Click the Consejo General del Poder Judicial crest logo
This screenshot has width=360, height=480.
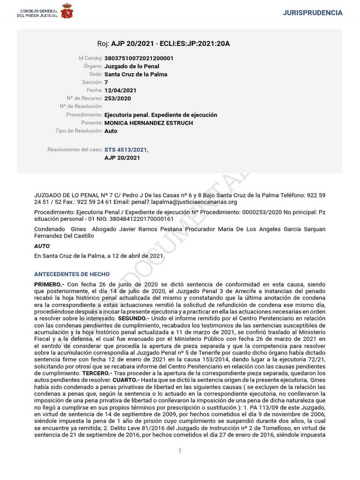pyautogui.click(x=67, y=11)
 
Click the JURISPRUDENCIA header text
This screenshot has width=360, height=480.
pyautogui.click(x=313, y=13)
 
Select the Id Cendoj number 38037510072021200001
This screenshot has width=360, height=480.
pyautogui.click(x=139, y=58)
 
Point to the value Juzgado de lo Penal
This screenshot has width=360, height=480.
pyautogui.click(x=129, y=66)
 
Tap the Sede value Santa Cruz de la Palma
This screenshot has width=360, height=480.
pyautogui.click(x=135, y=74)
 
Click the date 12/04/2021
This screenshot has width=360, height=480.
pyautogui.click(x=120, y=90)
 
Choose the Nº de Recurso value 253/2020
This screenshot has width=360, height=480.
pyautogui.click(x=118, y=98)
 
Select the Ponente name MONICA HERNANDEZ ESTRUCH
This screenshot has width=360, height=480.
pyautogui.click(x=149, y=123)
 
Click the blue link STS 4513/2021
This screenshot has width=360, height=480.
pyautogui.click(x=126, y=150)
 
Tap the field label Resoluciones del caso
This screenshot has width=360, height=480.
pyautogui.click(x=75, y=150)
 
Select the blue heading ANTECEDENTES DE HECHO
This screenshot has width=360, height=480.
pyautogui.click(x=72, y=274)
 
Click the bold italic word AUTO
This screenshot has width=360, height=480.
pyautogui.click(x=42, y=246)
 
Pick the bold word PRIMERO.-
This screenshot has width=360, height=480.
pyautogui.click(x=49, y=285)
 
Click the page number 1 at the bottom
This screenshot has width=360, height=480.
pyautogui.click(x=180, y=450)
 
